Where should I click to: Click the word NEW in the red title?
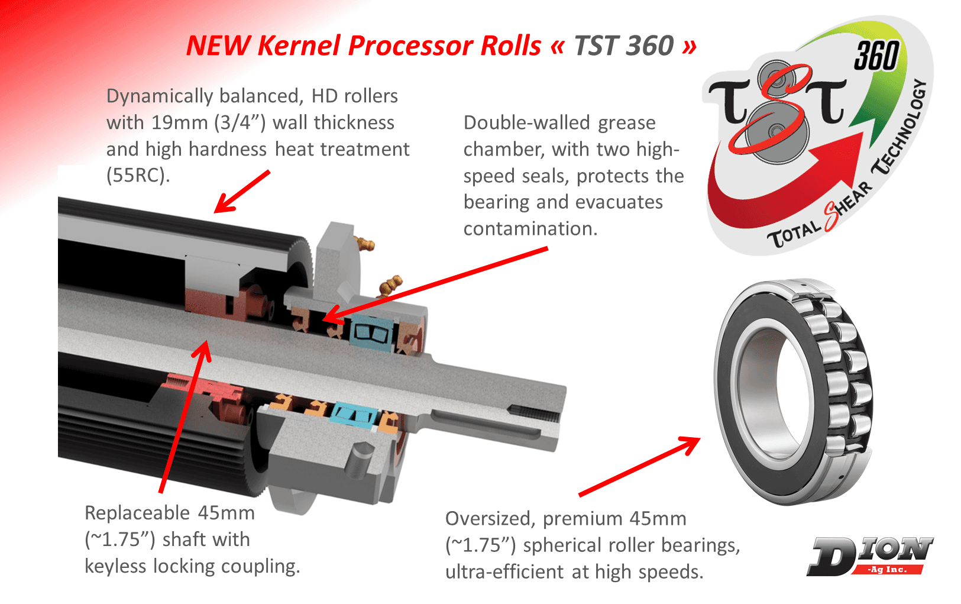click(218, 46)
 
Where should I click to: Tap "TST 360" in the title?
click(625, 46)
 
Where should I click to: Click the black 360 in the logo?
click(876, 56)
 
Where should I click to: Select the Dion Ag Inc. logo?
click(869, 556)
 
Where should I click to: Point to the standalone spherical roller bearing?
click(794, 392)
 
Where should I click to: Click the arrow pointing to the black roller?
click(242, 192)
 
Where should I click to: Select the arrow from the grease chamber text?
click(435, 285)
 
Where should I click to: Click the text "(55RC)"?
click(138, 175)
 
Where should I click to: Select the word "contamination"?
click(530, 228)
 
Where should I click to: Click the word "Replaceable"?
click(137, 513)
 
